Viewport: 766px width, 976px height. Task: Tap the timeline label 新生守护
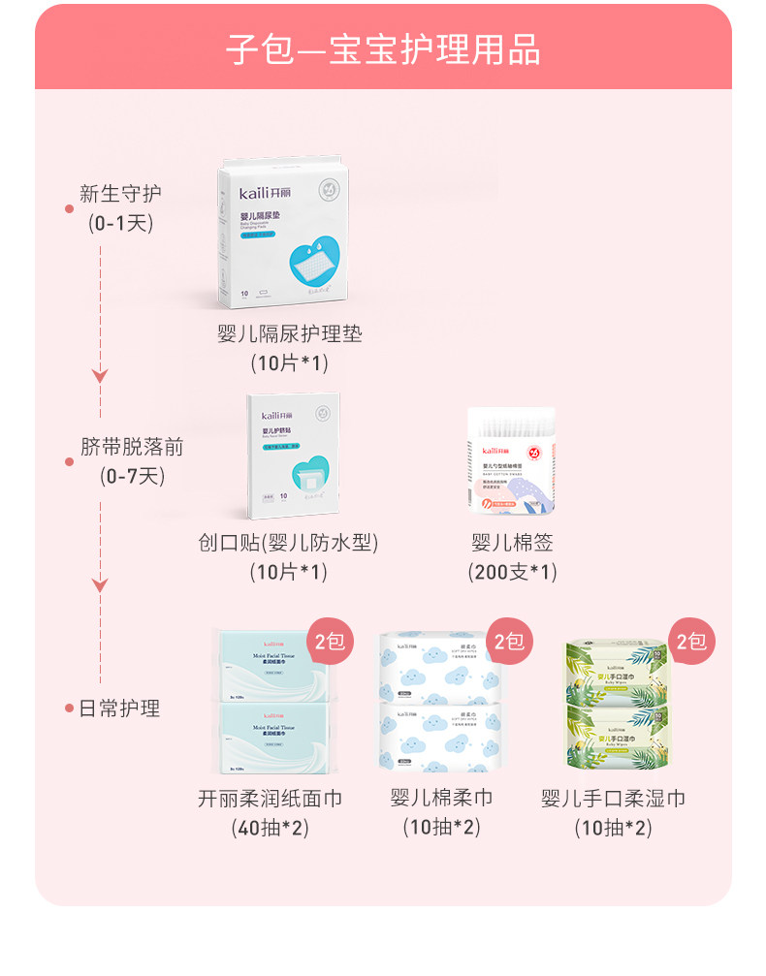[120, 193]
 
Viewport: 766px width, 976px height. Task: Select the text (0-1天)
[120, 223]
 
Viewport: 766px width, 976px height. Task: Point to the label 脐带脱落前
[132, 447]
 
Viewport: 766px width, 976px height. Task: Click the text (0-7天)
[132, 476]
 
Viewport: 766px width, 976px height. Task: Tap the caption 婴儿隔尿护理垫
[290, 334]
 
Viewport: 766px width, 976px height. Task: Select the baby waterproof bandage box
[293, 456]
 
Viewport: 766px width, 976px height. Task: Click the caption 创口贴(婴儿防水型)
[288, 543]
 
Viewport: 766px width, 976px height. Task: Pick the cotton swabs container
[512, 459]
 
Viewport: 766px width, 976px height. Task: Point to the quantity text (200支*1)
[512, 572]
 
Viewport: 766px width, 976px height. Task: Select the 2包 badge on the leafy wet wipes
[690, 642]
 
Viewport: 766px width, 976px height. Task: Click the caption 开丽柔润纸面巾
[270, 799]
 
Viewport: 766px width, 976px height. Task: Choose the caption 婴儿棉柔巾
[441, 798]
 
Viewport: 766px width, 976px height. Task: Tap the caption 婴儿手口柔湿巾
[613, 799]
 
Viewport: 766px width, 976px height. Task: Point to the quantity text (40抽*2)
[270, 828]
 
